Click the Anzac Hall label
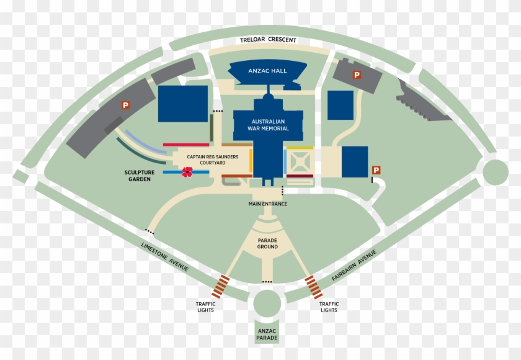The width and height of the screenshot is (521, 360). click(267, 71)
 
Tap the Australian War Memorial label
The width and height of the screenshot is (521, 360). click(268, 125)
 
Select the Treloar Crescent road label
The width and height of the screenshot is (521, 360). click(268, 40)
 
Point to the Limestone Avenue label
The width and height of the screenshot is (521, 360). click(165, 256)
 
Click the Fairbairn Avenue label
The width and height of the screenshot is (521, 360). click(354, 266)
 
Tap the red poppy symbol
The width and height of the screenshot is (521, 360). click(187, 172)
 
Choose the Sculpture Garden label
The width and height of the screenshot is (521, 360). click(140, 176)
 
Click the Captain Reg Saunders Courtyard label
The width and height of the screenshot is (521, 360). click(213, 160)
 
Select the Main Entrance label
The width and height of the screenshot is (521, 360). click(268, 204)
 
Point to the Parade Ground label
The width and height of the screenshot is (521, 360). click(267, 243)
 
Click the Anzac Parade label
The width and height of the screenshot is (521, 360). click(267, 335)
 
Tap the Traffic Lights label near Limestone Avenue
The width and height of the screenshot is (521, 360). click(206, 307)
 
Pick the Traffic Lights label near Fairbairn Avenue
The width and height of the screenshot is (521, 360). click(329, 307)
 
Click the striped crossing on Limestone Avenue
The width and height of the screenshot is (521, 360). click(221, 286)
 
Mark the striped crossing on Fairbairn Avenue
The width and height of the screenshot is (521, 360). click(314, 287)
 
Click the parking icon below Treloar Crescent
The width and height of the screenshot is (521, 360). click(357, 75)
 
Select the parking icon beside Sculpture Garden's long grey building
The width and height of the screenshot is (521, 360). click(125, 106)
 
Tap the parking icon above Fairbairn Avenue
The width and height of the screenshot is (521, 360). click(376, 170)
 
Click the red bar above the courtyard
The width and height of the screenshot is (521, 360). click(186, 145)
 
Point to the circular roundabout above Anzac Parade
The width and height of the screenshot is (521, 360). click(267, 303)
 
